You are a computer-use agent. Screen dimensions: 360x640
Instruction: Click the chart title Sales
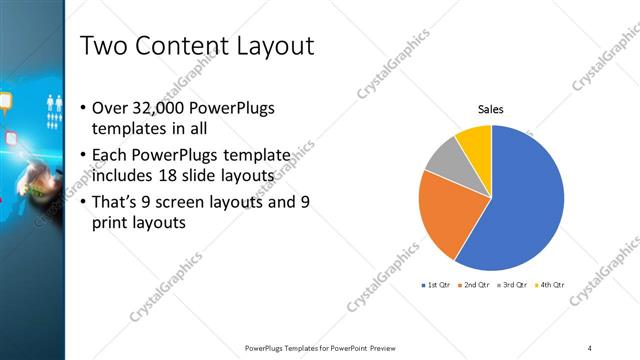click(x=490, y=109)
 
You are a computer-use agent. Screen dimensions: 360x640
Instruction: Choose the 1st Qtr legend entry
click(x=437, y=286)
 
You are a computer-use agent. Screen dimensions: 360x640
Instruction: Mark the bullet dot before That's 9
click(x=82, y=201)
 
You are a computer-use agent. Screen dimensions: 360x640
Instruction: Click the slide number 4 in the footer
click(x=589, y=347)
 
